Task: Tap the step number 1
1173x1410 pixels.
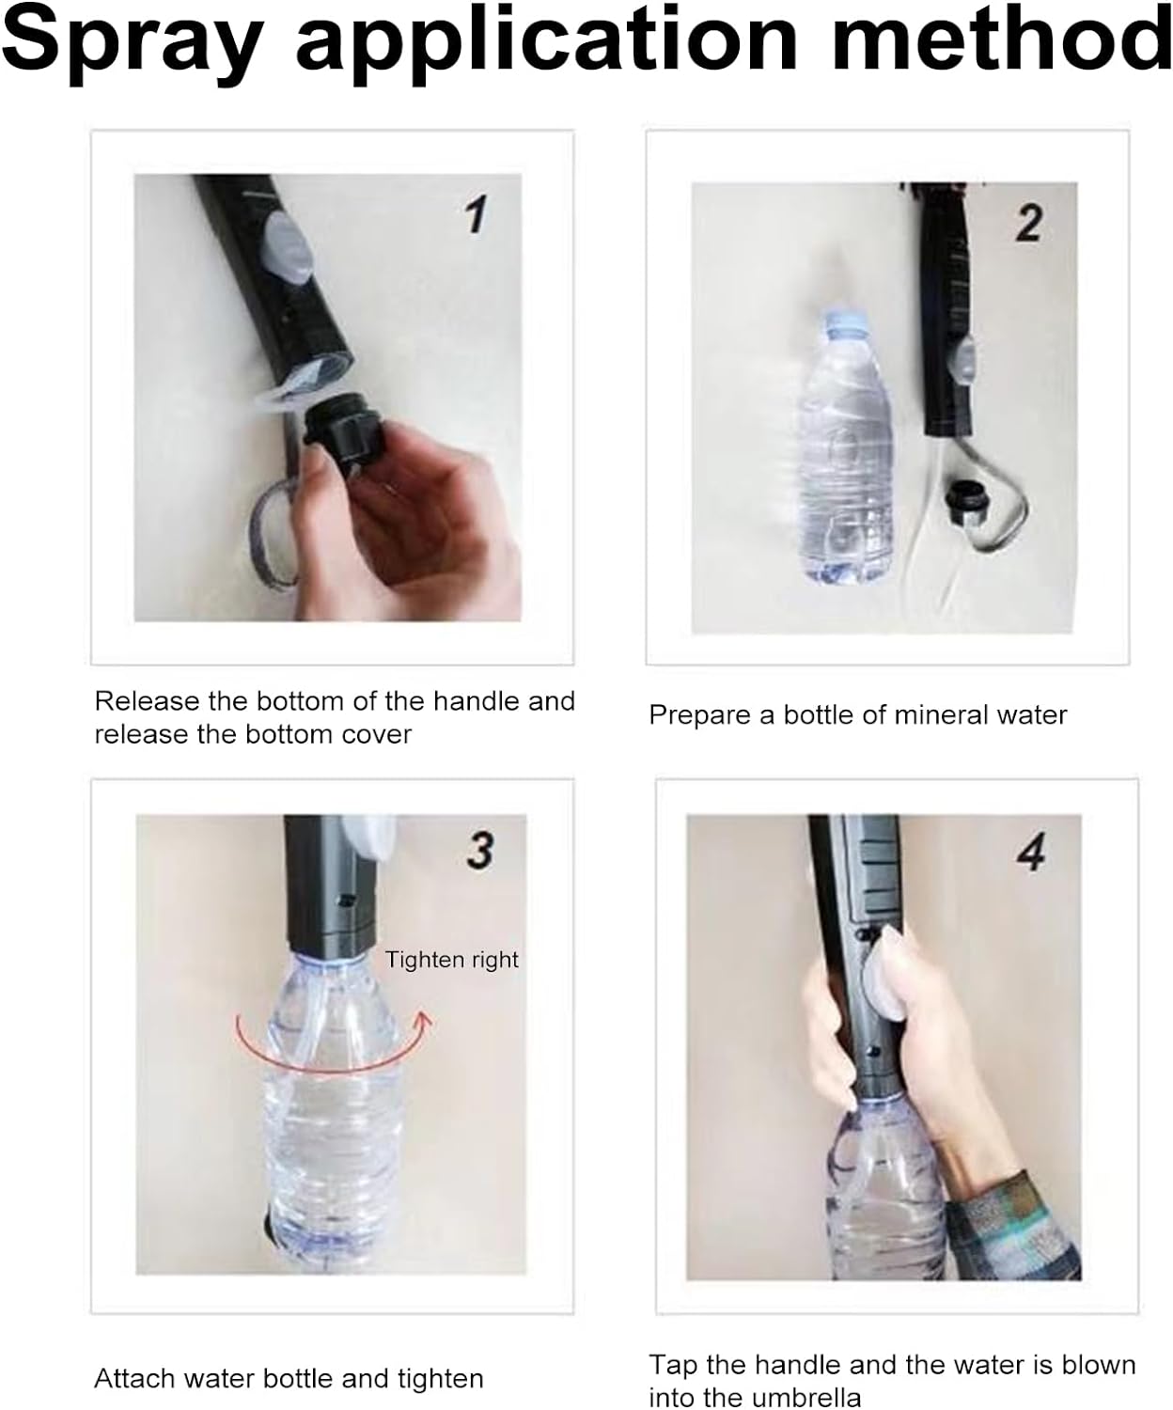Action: click(x=477, y=214)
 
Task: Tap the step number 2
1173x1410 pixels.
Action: click(x=1029, y=223)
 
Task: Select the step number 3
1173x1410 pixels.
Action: click(x=480, y=850)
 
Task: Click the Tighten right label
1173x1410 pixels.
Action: click(x=452, y=960)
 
